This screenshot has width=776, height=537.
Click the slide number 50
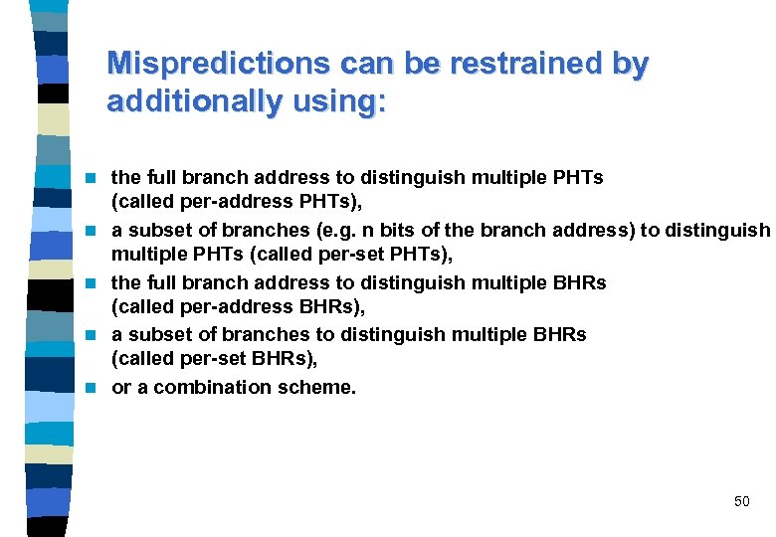point(742,501)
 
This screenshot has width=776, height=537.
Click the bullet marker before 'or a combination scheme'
point(93,388)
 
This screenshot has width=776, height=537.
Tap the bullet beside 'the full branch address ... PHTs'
point(93,179)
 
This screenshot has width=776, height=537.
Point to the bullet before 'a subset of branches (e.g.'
point(93,232)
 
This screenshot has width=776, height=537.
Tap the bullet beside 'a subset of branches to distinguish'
point(93,336)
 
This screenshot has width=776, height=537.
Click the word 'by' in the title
point(630,64)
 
